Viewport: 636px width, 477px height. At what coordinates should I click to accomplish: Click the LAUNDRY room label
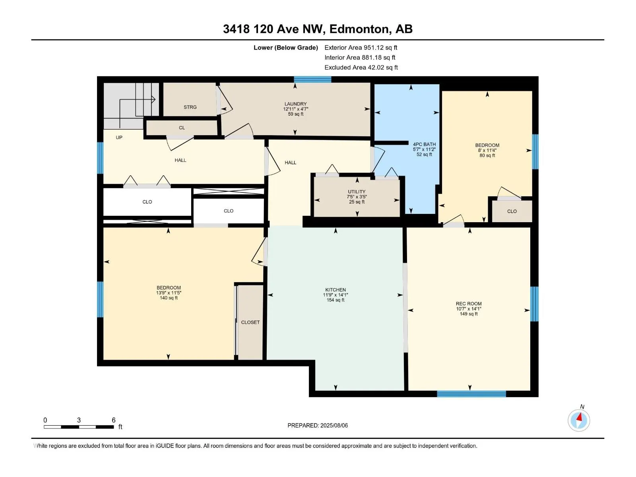[295, 104]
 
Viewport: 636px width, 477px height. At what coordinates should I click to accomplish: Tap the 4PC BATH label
[424, 144]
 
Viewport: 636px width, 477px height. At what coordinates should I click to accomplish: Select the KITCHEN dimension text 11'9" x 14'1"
[335, 295]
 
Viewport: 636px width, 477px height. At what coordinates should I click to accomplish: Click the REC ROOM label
[469, 304]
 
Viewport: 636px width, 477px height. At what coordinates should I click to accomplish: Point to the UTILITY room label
[357, 192]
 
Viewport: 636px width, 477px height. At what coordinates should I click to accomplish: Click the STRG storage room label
[190, 107]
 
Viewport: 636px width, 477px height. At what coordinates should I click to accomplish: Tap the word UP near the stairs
[119, 138]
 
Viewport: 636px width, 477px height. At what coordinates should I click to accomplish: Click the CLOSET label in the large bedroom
[250, 322]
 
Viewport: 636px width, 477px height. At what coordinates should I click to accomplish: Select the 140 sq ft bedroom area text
[169, 298]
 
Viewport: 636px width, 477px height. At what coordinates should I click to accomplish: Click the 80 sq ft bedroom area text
[487, 156]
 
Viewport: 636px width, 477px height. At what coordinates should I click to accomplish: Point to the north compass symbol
[579, 420]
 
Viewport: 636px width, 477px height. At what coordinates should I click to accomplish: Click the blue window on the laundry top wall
[312, 79]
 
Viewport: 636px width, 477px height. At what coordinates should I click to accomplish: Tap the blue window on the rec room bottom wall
[471, 394]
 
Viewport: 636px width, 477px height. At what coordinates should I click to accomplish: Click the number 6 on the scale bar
[114, 420]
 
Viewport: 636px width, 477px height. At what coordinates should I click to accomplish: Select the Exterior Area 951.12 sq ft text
[361, 48]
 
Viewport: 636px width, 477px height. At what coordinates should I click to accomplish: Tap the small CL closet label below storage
[182, 128]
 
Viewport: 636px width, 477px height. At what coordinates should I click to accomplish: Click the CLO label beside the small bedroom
[512, 211]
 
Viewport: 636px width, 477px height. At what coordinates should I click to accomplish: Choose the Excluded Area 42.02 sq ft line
[361, 68]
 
